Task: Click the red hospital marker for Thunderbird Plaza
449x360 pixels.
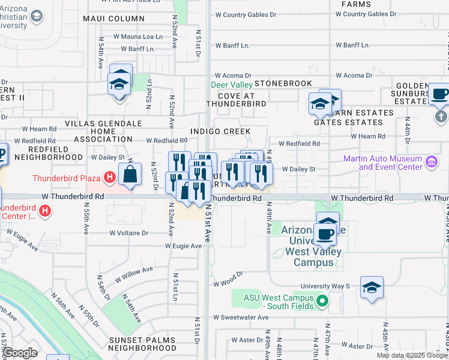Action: coord(109,178)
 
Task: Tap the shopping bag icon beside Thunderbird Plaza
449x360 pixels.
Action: coord(130,175)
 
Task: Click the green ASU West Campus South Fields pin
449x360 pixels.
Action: coord(322,301)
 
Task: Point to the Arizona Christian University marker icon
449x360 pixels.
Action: coord(37,16)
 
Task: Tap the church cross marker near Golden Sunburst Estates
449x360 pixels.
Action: coord(441,116)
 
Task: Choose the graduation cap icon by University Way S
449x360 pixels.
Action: coord(372,289)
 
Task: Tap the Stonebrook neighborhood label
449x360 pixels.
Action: coord(283,83)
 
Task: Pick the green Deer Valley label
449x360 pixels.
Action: coord(232,85)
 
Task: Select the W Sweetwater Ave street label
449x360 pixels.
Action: coord(240,317)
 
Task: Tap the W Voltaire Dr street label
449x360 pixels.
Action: coord(129,233)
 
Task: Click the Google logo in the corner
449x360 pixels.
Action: coord(20,353)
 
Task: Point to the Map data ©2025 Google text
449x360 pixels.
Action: coord(412,355)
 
